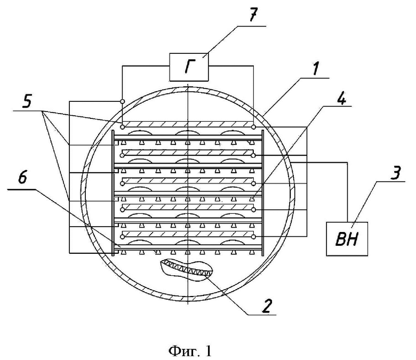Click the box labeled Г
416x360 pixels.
click(189, 67)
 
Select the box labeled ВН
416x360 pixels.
click(347, 239)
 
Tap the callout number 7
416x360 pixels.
click(252, 16)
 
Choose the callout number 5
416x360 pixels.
click(27, 102)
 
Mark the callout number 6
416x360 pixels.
click(22, 178)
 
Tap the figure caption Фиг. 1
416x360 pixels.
click(190, 351)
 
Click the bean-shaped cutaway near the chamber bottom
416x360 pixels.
click(187, 270)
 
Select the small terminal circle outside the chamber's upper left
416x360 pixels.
click(122, 101)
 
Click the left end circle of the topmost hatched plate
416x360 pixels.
click(122, 127)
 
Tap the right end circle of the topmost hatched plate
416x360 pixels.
click(254, 127)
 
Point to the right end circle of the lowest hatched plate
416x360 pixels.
click(254, 236)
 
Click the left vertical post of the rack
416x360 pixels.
click(113, 193)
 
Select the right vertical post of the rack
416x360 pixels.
click(263, 193)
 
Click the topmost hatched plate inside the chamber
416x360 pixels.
click(188, 124)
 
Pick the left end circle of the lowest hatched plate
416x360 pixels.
click(122, 236)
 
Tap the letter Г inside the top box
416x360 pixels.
click(189, 67)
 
